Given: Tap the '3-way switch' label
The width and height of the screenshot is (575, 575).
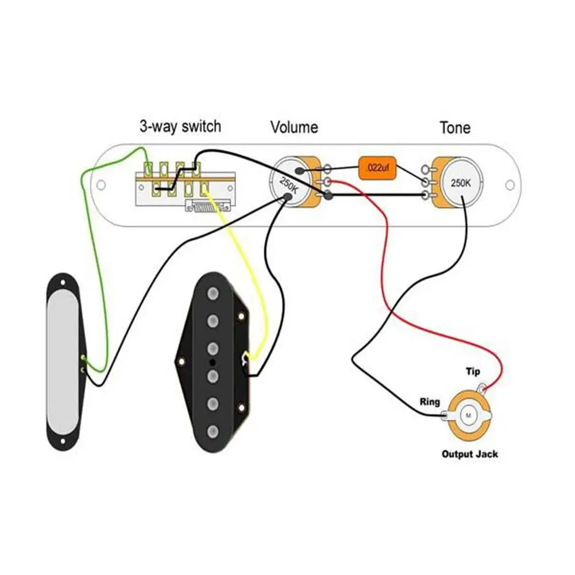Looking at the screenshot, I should pos(180,126).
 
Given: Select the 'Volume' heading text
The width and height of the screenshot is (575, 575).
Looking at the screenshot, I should pos(294,127).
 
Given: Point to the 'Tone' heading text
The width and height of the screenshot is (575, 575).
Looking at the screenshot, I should pos(455,127).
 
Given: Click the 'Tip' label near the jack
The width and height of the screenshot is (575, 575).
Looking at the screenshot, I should pos(472,372).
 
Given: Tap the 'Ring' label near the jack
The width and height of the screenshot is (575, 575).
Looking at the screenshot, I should pos(430,401).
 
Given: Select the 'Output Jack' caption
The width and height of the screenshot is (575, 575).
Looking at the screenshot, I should pos(469,454).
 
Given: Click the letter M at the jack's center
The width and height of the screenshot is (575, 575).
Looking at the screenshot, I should pos(468,415).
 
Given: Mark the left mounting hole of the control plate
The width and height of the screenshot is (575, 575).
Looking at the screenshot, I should pos(101,185).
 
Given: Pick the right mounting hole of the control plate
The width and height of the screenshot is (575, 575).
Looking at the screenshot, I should pos(509,185).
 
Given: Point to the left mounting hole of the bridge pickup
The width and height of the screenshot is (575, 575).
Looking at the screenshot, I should pos(182,362).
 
